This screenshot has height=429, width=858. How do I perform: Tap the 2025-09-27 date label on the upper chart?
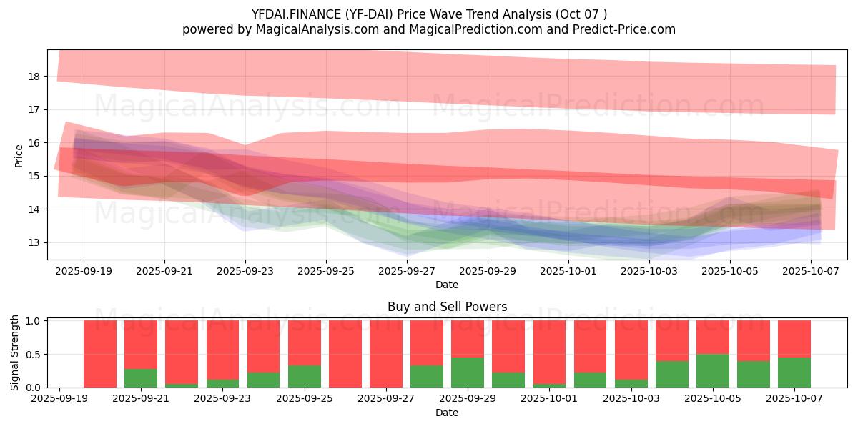(x=407, y=272)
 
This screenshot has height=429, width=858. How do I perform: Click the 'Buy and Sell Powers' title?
(x=447, y=307)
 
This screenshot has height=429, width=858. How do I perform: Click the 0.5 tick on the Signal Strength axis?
(x=34, y=355)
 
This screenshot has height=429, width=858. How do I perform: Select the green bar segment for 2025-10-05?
(x=713, y=370)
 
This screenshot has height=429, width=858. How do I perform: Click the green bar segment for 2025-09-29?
(x=468, y=372)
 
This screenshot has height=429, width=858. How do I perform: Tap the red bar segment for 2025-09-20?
(x=100, y=354)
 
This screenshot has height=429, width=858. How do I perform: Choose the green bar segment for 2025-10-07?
(x=794, y=372)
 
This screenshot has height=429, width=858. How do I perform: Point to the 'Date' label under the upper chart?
(x=447, y=285)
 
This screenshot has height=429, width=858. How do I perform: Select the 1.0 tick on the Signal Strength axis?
(x=34, y=321)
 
